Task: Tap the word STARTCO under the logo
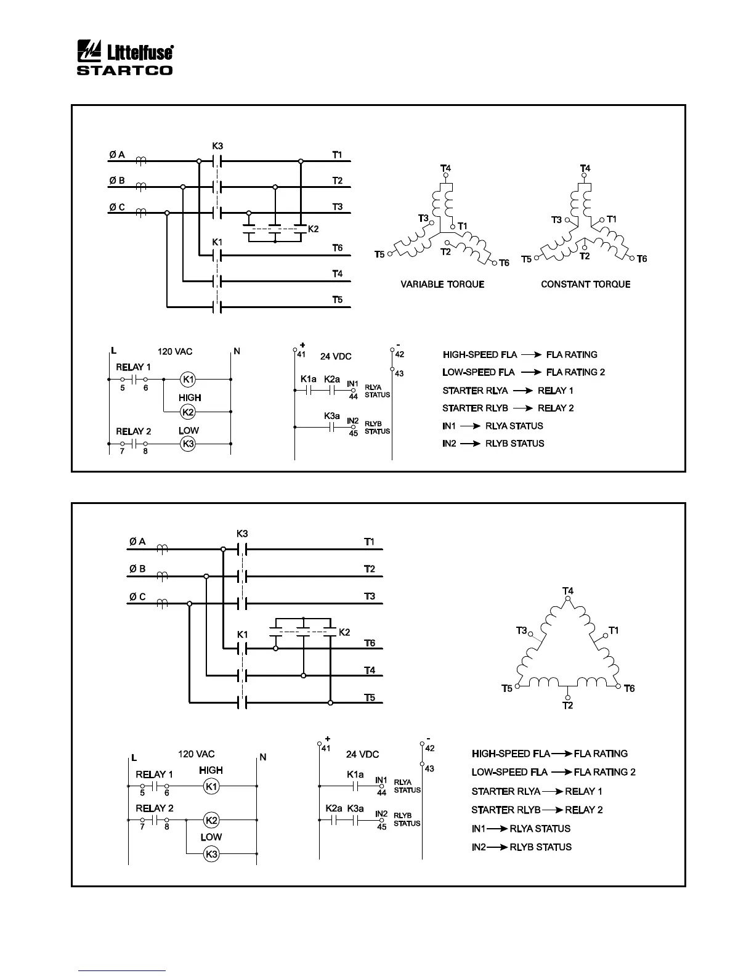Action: (124, 70)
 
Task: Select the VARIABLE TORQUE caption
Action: (442, 284)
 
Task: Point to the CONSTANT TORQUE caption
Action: (585, 284)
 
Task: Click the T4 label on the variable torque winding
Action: (445, 168)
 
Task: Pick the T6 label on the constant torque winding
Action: (642, 259)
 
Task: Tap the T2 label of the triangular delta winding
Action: (567, 706)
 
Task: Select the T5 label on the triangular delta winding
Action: (506, 688)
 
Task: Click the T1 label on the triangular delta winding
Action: (614, 630)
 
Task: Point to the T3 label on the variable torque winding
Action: (423, 218)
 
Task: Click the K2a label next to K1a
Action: (331, 379)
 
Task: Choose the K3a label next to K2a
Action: (355, 808)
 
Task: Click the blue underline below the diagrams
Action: (122, 970)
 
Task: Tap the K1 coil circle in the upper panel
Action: (188, 379)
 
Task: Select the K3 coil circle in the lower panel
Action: (211, 854)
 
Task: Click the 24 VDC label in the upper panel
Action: (336, 356)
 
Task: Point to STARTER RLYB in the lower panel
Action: (505, 810)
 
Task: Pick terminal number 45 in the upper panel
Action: (354, 433)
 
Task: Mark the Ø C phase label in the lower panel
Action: (137, 596)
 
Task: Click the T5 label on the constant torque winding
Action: (527, 259)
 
